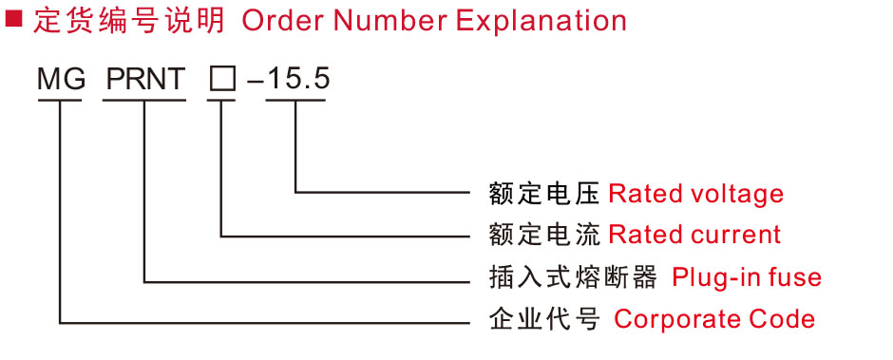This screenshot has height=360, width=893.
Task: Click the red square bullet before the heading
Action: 12,19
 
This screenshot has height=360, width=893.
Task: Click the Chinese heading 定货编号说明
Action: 129,21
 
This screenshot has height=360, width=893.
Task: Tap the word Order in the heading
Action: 284,21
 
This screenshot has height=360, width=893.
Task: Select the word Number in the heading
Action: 391,21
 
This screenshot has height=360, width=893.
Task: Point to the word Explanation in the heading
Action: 541,22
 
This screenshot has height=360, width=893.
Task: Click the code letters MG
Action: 62,80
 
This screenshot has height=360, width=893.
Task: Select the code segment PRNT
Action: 146,80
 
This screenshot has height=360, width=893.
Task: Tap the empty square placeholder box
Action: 221,80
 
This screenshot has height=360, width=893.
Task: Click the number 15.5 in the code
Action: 298,80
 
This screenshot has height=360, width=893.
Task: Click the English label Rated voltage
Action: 696,194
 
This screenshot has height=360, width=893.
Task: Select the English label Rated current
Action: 694,235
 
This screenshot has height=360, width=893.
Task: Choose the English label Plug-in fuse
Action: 747,277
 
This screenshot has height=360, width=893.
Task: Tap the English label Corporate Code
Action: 714,319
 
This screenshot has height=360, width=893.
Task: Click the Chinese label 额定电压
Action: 544,194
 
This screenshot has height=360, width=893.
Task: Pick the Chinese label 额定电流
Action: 544,235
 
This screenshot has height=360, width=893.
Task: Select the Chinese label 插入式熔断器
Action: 574,277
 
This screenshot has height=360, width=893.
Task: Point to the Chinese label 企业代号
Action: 544,319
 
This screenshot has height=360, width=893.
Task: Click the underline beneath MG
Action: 60,101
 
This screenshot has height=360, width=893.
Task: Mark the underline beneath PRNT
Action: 144,101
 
